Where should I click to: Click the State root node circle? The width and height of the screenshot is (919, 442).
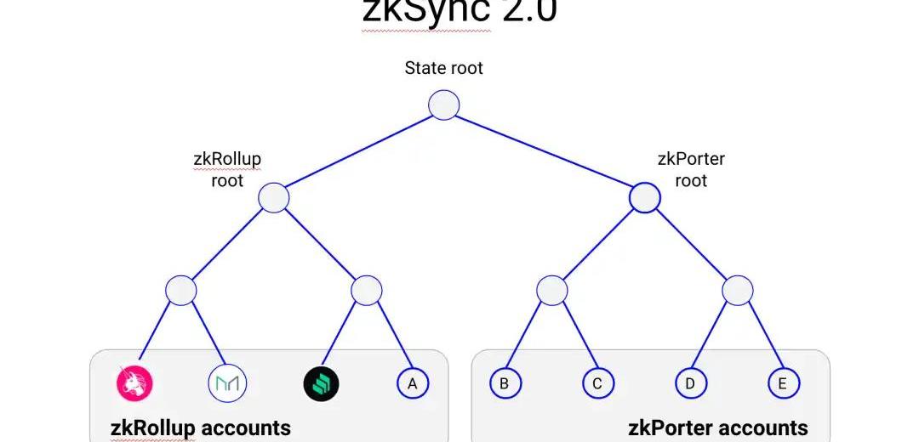pos(443,105)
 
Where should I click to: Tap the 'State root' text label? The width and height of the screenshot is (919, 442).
pos(443,68)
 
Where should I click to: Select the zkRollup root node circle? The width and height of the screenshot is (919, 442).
pos(274,198)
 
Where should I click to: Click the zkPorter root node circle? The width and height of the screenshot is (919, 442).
pos(644,198)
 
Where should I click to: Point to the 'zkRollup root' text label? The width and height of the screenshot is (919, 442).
pos(227,169)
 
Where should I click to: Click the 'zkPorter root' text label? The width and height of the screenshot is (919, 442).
pos(691,169)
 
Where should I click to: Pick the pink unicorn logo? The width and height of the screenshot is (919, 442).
pos(134,383)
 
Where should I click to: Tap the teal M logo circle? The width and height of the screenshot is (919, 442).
pos(227,383)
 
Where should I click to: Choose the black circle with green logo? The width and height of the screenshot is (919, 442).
pos(321,383)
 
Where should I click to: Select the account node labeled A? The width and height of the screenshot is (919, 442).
pos(413,383)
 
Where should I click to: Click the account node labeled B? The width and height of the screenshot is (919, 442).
pos(505,383)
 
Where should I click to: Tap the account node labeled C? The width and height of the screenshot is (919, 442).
pos(597,383)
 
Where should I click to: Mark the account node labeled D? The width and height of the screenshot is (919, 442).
pos(690,383)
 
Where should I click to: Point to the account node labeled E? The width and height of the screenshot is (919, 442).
pos(783,383)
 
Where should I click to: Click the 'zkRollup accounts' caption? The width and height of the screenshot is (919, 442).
pos(201,428)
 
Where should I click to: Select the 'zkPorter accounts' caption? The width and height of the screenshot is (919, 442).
pos(718,428)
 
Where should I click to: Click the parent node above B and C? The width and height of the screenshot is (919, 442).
pos(551,291)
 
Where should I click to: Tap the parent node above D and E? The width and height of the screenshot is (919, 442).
pos(737,291)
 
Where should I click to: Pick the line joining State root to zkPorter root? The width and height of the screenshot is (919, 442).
pos(545,152)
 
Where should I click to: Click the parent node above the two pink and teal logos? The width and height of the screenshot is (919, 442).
pos(181,291)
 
